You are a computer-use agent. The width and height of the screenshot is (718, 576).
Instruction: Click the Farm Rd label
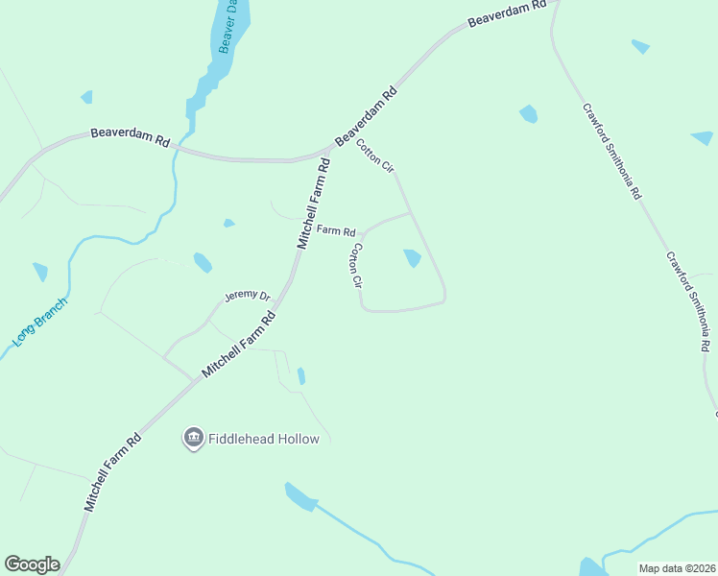coord(336,231)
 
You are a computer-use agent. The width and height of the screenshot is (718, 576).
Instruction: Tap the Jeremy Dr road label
coord(248,297)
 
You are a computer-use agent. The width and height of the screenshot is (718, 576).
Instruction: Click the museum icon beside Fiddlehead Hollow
coord(193,439)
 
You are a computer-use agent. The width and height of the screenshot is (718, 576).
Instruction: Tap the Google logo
coord(32,564)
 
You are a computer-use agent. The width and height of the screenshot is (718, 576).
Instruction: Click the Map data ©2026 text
coord(677,568)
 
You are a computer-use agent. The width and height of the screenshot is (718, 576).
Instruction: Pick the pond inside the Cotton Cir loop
coord(413,258)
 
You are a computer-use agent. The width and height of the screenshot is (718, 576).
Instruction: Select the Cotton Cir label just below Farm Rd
coord(356,266)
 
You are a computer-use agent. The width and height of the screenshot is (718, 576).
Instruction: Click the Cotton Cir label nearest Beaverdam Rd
coord(375,156)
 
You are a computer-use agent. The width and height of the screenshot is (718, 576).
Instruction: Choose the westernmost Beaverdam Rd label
coord(131,137)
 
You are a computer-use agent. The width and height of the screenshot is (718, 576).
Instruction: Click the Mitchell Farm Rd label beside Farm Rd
coord(314,204)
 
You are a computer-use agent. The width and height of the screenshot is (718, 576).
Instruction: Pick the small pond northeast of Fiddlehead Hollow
coord(301,375)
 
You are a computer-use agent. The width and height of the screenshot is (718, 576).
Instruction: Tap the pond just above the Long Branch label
coord(40,272)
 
